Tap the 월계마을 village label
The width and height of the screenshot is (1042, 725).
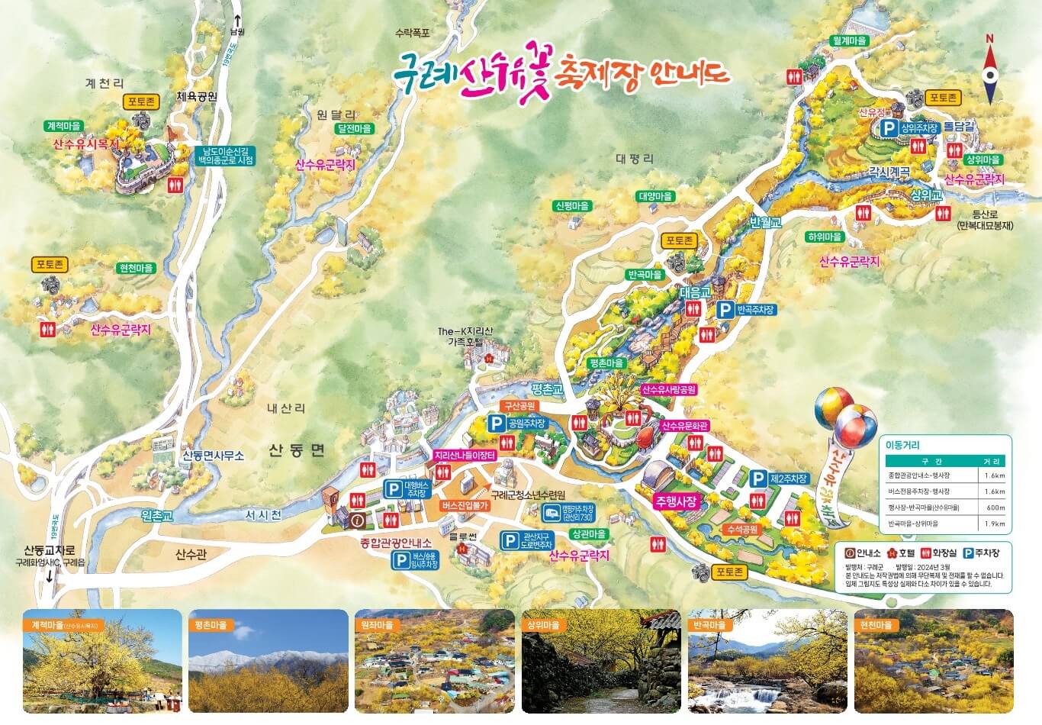pyautogui.click(x=849, y=41)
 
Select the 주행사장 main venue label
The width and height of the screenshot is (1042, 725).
pyautogui.click(x=676, y=501)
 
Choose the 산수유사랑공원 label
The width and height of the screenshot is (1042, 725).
pyautogui.click(x=669, y=389)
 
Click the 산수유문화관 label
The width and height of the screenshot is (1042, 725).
pyautogui.click(x=685, y=426)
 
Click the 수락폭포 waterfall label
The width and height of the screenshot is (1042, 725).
pyautogui.click(x=413, y=33)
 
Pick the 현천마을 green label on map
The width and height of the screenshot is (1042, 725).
pyautogui.click(x=136, y=269)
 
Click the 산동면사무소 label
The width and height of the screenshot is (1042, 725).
pyautogui.click(x=213, y=456)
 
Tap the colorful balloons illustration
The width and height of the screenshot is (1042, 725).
pyautogui.click(x=845, y=417)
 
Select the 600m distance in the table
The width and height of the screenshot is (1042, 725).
pyautogui.click(x=994, y=507)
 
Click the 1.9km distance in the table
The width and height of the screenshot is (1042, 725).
pyautogui.click(x=994, y=524)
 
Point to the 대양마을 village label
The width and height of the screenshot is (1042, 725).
pyautogui.click(x=655, y=196)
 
